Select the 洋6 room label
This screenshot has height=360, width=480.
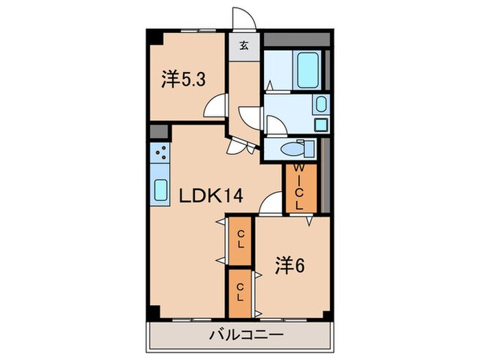[x=291, y=263]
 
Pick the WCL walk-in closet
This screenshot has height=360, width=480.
[x=300, y=188]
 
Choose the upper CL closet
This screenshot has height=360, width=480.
[x=240, y=240]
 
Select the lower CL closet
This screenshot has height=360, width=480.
[x=240, y=292]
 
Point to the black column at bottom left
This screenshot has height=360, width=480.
[x=156, y=313]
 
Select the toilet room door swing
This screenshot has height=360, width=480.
[x=273, y=126]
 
